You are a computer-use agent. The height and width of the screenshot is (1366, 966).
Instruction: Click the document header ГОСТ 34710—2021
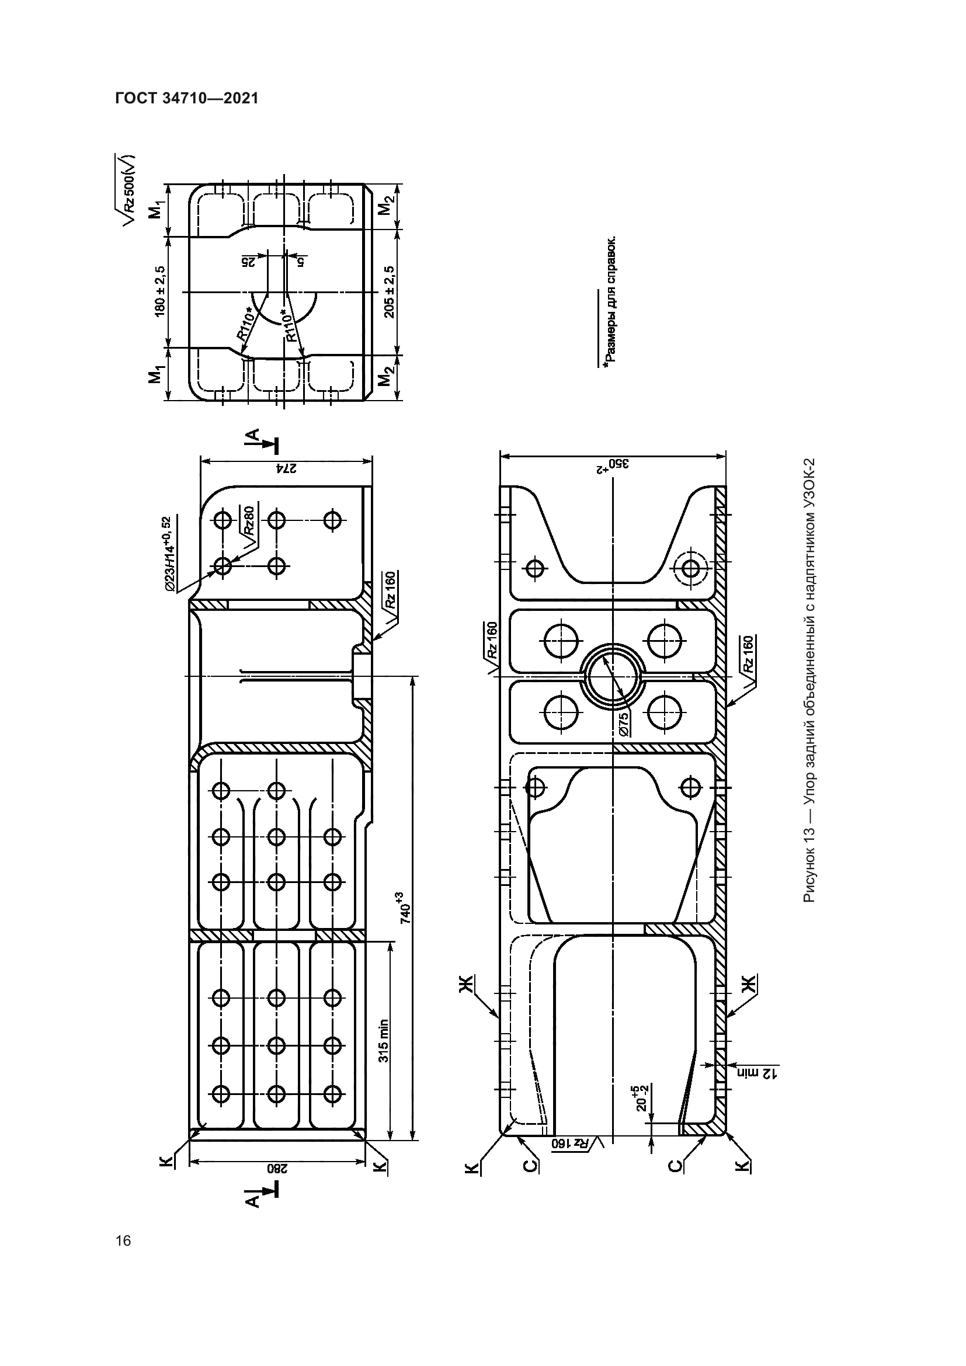tap(186, 98)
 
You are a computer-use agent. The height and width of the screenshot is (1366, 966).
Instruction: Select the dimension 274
tap(286, 468)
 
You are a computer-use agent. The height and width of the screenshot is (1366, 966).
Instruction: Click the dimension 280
tap(275, 1168)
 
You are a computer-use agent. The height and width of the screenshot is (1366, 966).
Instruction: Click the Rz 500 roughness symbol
tap(128, 189)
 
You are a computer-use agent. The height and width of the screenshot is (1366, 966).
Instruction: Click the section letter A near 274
tap(253, 437)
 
